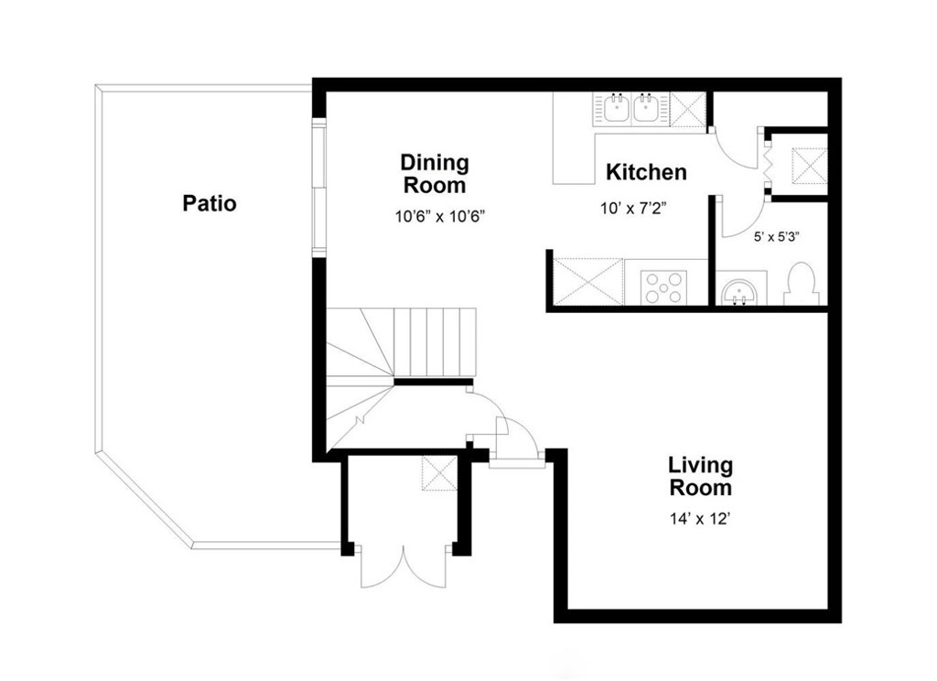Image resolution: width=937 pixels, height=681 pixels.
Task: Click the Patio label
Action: pyautogui.click(x=210, y=203)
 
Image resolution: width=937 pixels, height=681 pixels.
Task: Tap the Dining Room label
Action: pyautogui.click(x=435, y=174)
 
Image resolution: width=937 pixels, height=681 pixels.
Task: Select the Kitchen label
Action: pyautogui.click(x=646, y=172)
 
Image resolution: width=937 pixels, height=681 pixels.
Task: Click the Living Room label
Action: pyautogui.click(x=700, y=477)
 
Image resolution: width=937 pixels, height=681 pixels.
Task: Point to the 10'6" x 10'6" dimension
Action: pyautogui.click(x=439, y=216)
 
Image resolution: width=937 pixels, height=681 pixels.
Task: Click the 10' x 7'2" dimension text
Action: pyautogui.click(x=633, y=208)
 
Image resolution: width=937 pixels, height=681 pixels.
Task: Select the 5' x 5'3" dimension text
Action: pyautogui.click(x=777, y=237)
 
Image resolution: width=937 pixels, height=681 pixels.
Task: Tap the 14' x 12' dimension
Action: pyautogui.click(x=700, y=518)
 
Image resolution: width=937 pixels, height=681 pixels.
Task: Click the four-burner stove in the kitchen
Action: pyautogui.click(x=664, y=287)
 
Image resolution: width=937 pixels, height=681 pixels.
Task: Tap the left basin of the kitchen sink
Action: pyautogui.click(x=615, y=109)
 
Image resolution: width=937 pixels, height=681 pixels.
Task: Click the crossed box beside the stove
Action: pyautogui.click(x=588, y=282)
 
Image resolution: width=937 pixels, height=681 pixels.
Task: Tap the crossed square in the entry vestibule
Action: pyautogui.click(x=440, y=473)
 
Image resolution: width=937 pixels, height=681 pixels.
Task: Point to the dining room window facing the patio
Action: pyautogui.click(x=319, y=189)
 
